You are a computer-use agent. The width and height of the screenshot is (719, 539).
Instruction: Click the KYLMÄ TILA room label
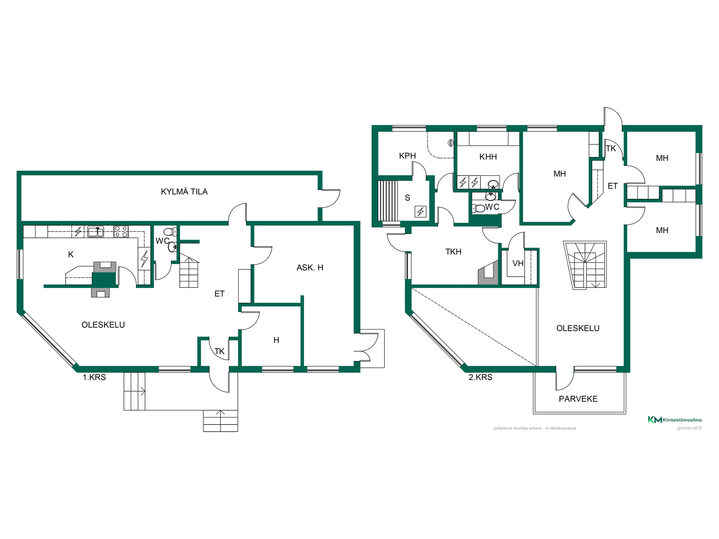pos(184,192)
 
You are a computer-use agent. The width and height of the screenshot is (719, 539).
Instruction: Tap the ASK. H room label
pos(310,267)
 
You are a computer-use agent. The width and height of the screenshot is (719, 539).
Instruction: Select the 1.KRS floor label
pos(94,377)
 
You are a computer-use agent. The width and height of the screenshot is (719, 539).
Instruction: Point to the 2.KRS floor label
pos(480,377)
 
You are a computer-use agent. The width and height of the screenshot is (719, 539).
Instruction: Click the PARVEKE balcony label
pos(578,399)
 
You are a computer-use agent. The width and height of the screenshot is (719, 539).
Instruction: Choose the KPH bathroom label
pos(407,156)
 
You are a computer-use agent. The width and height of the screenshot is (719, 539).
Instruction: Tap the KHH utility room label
pos(488,157)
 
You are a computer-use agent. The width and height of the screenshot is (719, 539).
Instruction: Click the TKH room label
pos(453,252)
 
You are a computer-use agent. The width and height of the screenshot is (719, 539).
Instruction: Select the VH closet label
pos(518,263)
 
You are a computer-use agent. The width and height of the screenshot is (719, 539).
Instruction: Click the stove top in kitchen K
pos(121,232)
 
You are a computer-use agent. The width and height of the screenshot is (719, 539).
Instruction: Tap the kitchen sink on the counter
pos(95,232)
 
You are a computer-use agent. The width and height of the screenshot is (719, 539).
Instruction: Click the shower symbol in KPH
pos(450,143)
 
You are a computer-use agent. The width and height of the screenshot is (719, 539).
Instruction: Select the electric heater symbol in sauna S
pos(421,212)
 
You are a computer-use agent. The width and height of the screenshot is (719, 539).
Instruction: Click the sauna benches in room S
pos(388,201)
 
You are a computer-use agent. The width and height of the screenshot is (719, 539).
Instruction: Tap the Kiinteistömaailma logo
pos(675,420)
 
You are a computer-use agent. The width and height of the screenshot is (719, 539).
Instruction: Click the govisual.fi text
pos(689,428)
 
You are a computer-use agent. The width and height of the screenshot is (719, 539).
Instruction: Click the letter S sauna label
pos(407,198)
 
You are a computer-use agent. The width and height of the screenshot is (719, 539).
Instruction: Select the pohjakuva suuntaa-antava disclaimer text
pos(535,428)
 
